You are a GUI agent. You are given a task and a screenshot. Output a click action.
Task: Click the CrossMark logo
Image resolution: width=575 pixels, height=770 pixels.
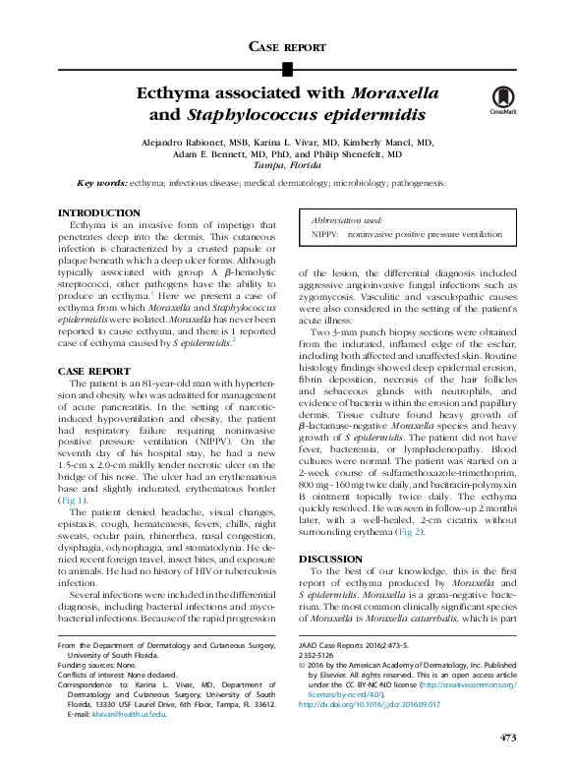(503, 101)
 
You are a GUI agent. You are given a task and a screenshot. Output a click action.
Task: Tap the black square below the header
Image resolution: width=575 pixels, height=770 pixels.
(287, 68)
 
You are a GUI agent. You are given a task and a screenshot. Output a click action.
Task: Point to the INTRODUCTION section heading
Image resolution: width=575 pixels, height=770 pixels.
(99, 213)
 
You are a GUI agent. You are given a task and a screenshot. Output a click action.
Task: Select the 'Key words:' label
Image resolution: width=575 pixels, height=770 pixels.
(102, 183)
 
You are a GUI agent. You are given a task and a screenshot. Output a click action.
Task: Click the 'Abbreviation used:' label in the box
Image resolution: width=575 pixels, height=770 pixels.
(347, 222)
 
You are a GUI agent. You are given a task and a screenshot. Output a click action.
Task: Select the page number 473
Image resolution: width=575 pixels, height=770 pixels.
(507, 738)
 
